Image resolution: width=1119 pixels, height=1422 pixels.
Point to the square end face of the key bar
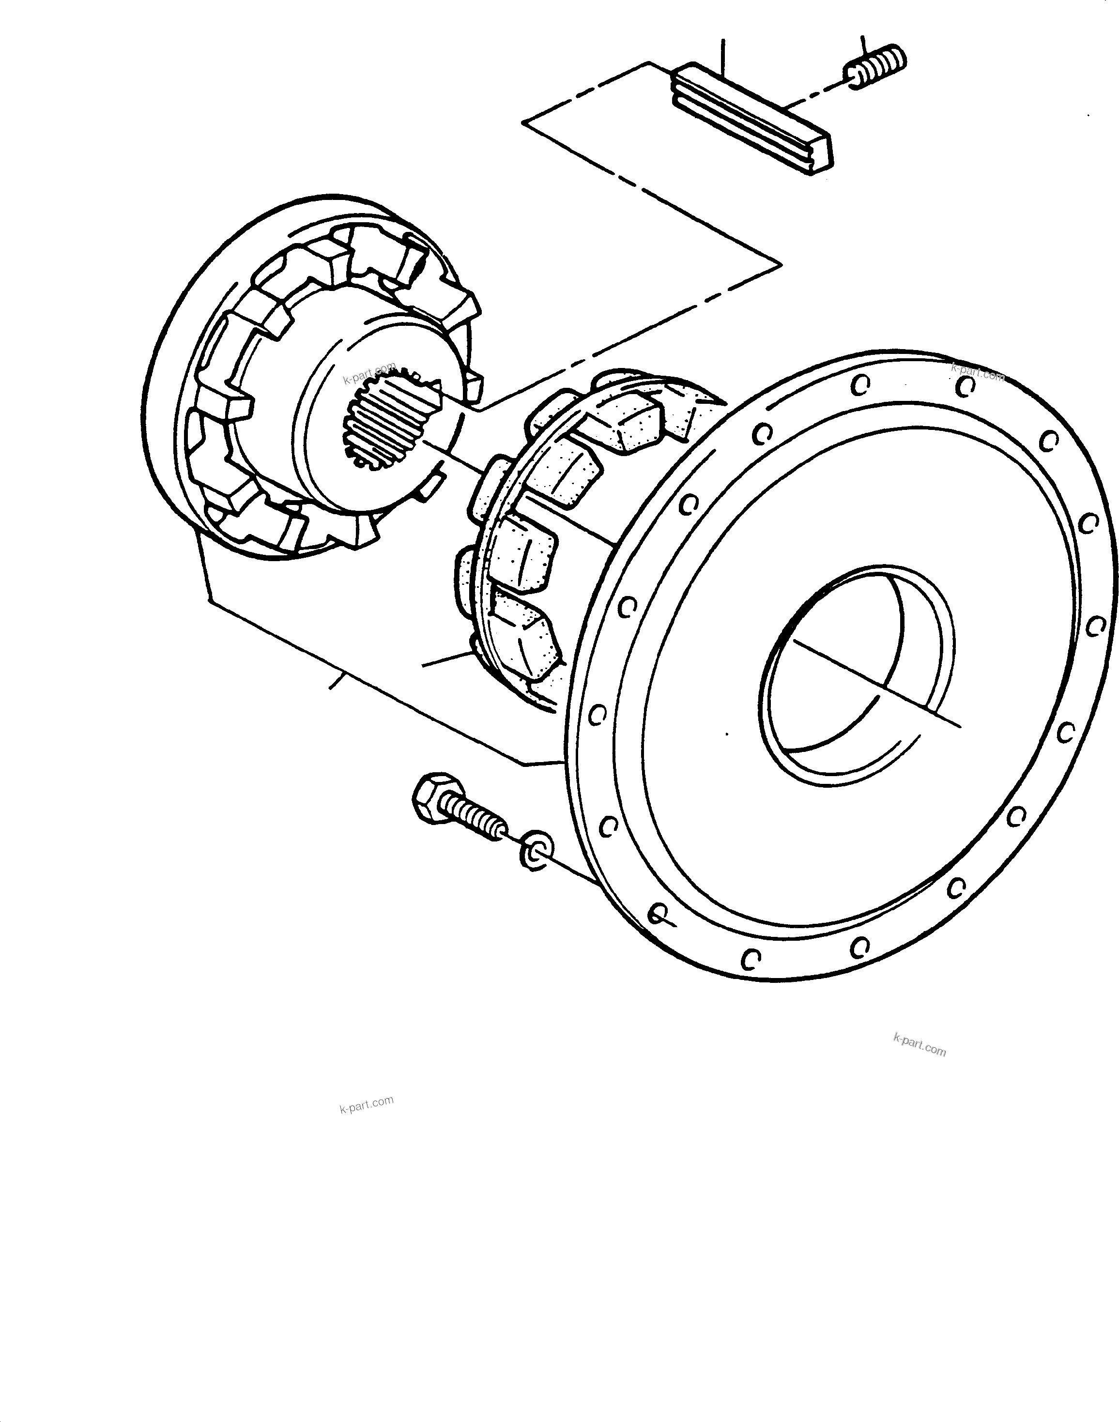pos(821,156)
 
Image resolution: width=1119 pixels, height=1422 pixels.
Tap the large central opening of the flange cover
pos(858,674)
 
